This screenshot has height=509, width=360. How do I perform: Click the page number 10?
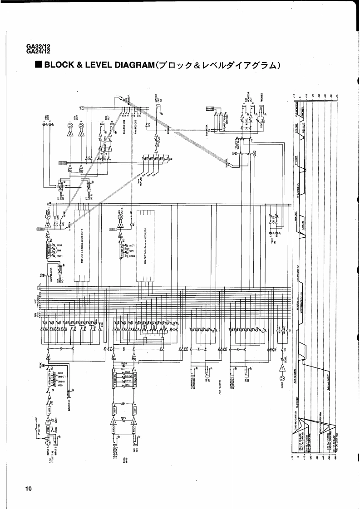point(29,489)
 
